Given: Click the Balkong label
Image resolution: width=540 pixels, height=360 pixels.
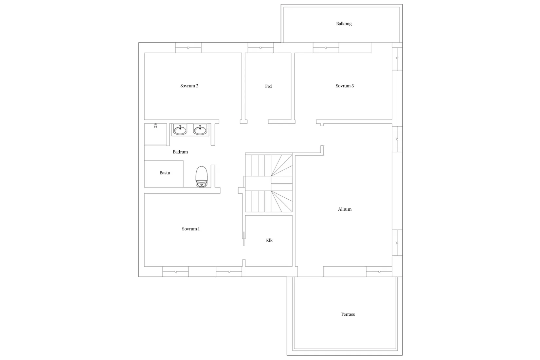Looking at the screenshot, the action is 344,24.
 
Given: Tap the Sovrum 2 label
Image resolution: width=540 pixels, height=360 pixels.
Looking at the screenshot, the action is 189,86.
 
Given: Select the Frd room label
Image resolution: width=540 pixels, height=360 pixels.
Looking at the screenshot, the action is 268,86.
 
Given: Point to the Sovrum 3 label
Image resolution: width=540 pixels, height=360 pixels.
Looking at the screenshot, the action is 345,86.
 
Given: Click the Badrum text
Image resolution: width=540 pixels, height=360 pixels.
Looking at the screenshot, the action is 180,152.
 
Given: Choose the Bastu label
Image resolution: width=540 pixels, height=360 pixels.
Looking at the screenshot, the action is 165,173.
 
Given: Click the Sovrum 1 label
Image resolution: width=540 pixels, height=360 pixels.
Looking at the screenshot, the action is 191,229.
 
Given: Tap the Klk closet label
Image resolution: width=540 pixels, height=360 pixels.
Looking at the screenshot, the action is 269,241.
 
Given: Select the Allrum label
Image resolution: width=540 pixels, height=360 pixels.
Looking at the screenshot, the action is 345,209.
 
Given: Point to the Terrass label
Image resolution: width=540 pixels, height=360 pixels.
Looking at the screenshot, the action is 348,315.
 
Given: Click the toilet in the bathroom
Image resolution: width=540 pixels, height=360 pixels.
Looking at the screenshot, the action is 202,177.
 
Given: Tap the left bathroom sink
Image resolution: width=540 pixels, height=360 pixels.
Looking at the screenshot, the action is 180,130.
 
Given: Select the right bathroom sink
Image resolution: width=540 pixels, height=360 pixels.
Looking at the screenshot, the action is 200,130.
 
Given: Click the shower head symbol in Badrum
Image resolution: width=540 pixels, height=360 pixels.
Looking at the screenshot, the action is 155,126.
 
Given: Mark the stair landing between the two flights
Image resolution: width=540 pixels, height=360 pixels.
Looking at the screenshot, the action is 258,184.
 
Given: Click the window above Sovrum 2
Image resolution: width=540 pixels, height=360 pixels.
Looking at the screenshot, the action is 188,48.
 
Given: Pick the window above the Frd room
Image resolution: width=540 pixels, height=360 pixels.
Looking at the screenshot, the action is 261,48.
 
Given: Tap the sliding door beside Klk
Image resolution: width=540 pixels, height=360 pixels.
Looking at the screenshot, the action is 244,239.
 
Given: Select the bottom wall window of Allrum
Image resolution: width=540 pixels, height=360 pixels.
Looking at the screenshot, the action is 379,272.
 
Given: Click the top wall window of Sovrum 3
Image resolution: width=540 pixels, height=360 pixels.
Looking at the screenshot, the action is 326,48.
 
